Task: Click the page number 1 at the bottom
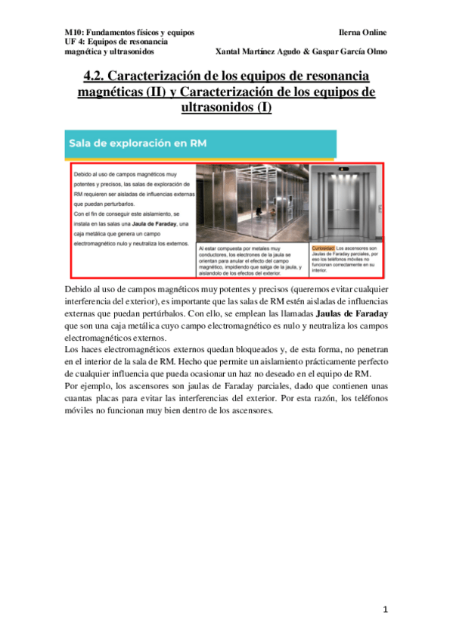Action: [385, 609]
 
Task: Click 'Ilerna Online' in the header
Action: [363, 33]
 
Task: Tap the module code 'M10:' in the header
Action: [73, 33]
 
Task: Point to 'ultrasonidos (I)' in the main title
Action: [226, 107]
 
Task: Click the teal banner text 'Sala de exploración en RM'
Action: [139, 142]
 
